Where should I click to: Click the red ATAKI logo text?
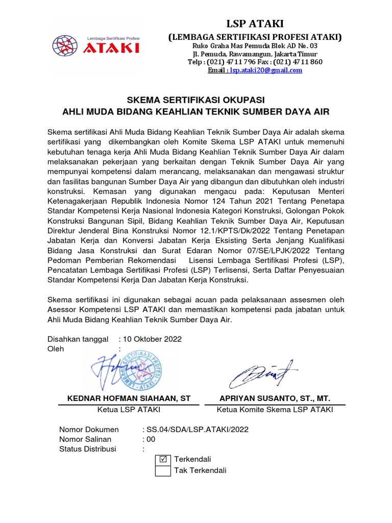(111, 48)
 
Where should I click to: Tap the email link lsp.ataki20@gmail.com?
(265, 70)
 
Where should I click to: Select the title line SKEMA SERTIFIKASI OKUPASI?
(196, 99)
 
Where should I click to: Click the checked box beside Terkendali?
(163, 459)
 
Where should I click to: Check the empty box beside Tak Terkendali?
(163, 470)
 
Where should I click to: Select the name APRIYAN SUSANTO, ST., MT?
(275, 398)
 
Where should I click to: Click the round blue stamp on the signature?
(140, 370)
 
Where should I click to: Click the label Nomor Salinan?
(85, 439)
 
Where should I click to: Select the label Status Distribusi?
(88, 449)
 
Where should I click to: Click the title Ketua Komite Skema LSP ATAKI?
(275, 410)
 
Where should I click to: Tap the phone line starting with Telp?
(255, 62)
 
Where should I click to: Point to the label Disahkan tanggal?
(78, 339)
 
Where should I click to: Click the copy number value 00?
(151, 439)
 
